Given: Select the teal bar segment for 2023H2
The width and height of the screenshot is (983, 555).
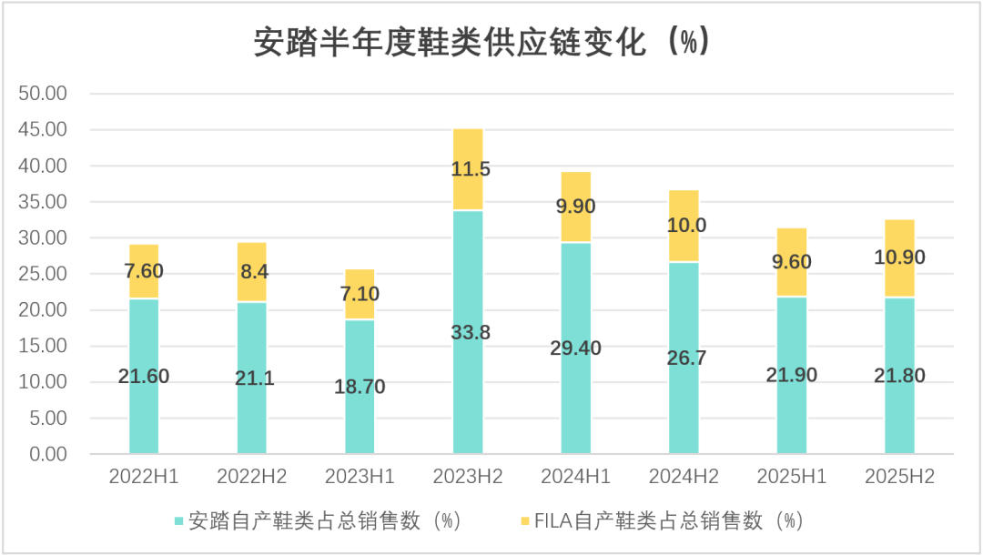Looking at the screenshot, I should click(468, 382).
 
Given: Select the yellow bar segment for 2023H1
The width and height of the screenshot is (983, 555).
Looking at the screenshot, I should click(360, 294).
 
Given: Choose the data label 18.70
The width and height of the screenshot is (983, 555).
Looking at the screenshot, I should click(360, 387).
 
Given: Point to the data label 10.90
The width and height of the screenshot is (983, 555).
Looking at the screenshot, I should click(900, 258).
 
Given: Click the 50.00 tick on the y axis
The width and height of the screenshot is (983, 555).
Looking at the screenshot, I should click(43, 94).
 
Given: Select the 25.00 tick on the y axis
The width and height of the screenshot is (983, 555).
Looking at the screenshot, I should click(43, 274).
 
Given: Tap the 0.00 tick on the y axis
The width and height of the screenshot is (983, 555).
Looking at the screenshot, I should click(47, 454).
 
